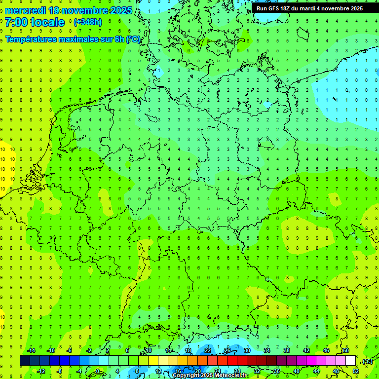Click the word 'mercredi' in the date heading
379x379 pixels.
25,10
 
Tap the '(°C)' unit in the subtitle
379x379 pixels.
133,39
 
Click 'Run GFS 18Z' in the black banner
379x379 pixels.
273,8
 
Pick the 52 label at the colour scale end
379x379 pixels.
355,371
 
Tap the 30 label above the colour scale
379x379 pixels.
247,350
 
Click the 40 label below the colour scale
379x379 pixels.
297,371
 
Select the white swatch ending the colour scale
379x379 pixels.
350,361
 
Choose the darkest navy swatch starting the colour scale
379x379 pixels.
25,361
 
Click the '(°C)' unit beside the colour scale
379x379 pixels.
367,362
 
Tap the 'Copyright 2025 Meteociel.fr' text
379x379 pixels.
210,376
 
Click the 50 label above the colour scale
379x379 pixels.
345,350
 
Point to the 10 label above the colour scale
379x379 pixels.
148,350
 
